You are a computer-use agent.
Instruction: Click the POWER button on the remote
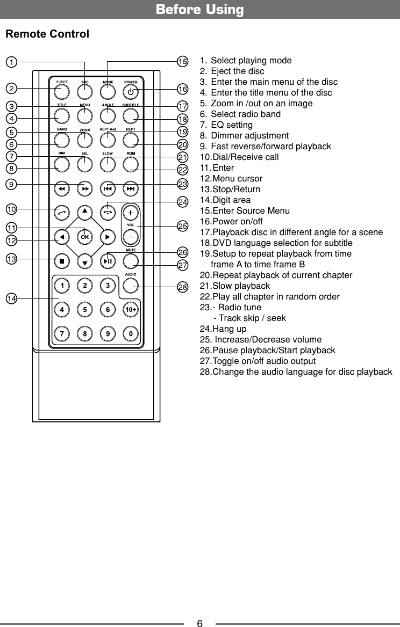(131, 91)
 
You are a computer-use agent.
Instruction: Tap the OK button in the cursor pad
(84, 236)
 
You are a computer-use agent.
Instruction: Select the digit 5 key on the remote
(85, 310)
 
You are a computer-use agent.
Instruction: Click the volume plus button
(131, 212)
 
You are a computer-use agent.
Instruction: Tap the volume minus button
(131, 236)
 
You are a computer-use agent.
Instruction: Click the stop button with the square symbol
(62, 261)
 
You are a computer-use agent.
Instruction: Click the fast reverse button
(62, 189)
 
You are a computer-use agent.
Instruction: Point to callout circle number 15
(183, 62)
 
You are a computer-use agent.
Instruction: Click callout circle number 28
(183, 287)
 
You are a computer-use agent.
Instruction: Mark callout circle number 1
(11, 62)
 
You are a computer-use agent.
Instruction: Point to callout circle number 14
(11, 298)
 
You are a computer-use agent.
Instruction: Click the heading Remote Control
(47, 34)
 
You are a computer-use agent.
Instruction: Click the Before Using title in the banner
(199, 10)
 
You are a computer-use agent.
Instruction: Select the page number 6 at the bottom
(199, 623)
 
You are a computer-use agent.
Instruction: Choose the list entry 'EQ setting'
(231, 125)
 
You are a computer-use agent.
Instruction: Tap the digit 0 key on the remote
(131, 334)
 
